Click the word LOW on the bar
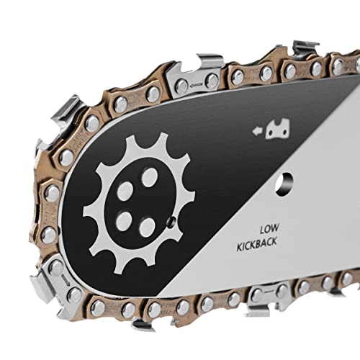click(x=269, y=228)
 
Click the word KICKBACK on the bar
click(x=257, y=244)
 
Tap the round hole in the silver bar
click(x=284, y=184)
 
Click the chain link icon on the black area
click(x=278, y=129)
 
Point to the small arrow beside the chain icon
click(x=257, y=131)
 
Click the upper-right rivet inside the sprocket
click(x=149, y=177)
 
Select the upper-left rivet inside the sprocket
click(x=125, y=191)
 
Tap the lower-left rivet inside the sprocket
click(x=124, y=221)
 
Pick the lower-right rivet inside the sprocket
click(x=147, y=228)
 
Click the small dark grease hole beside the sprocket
click(x=171, y=222)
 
